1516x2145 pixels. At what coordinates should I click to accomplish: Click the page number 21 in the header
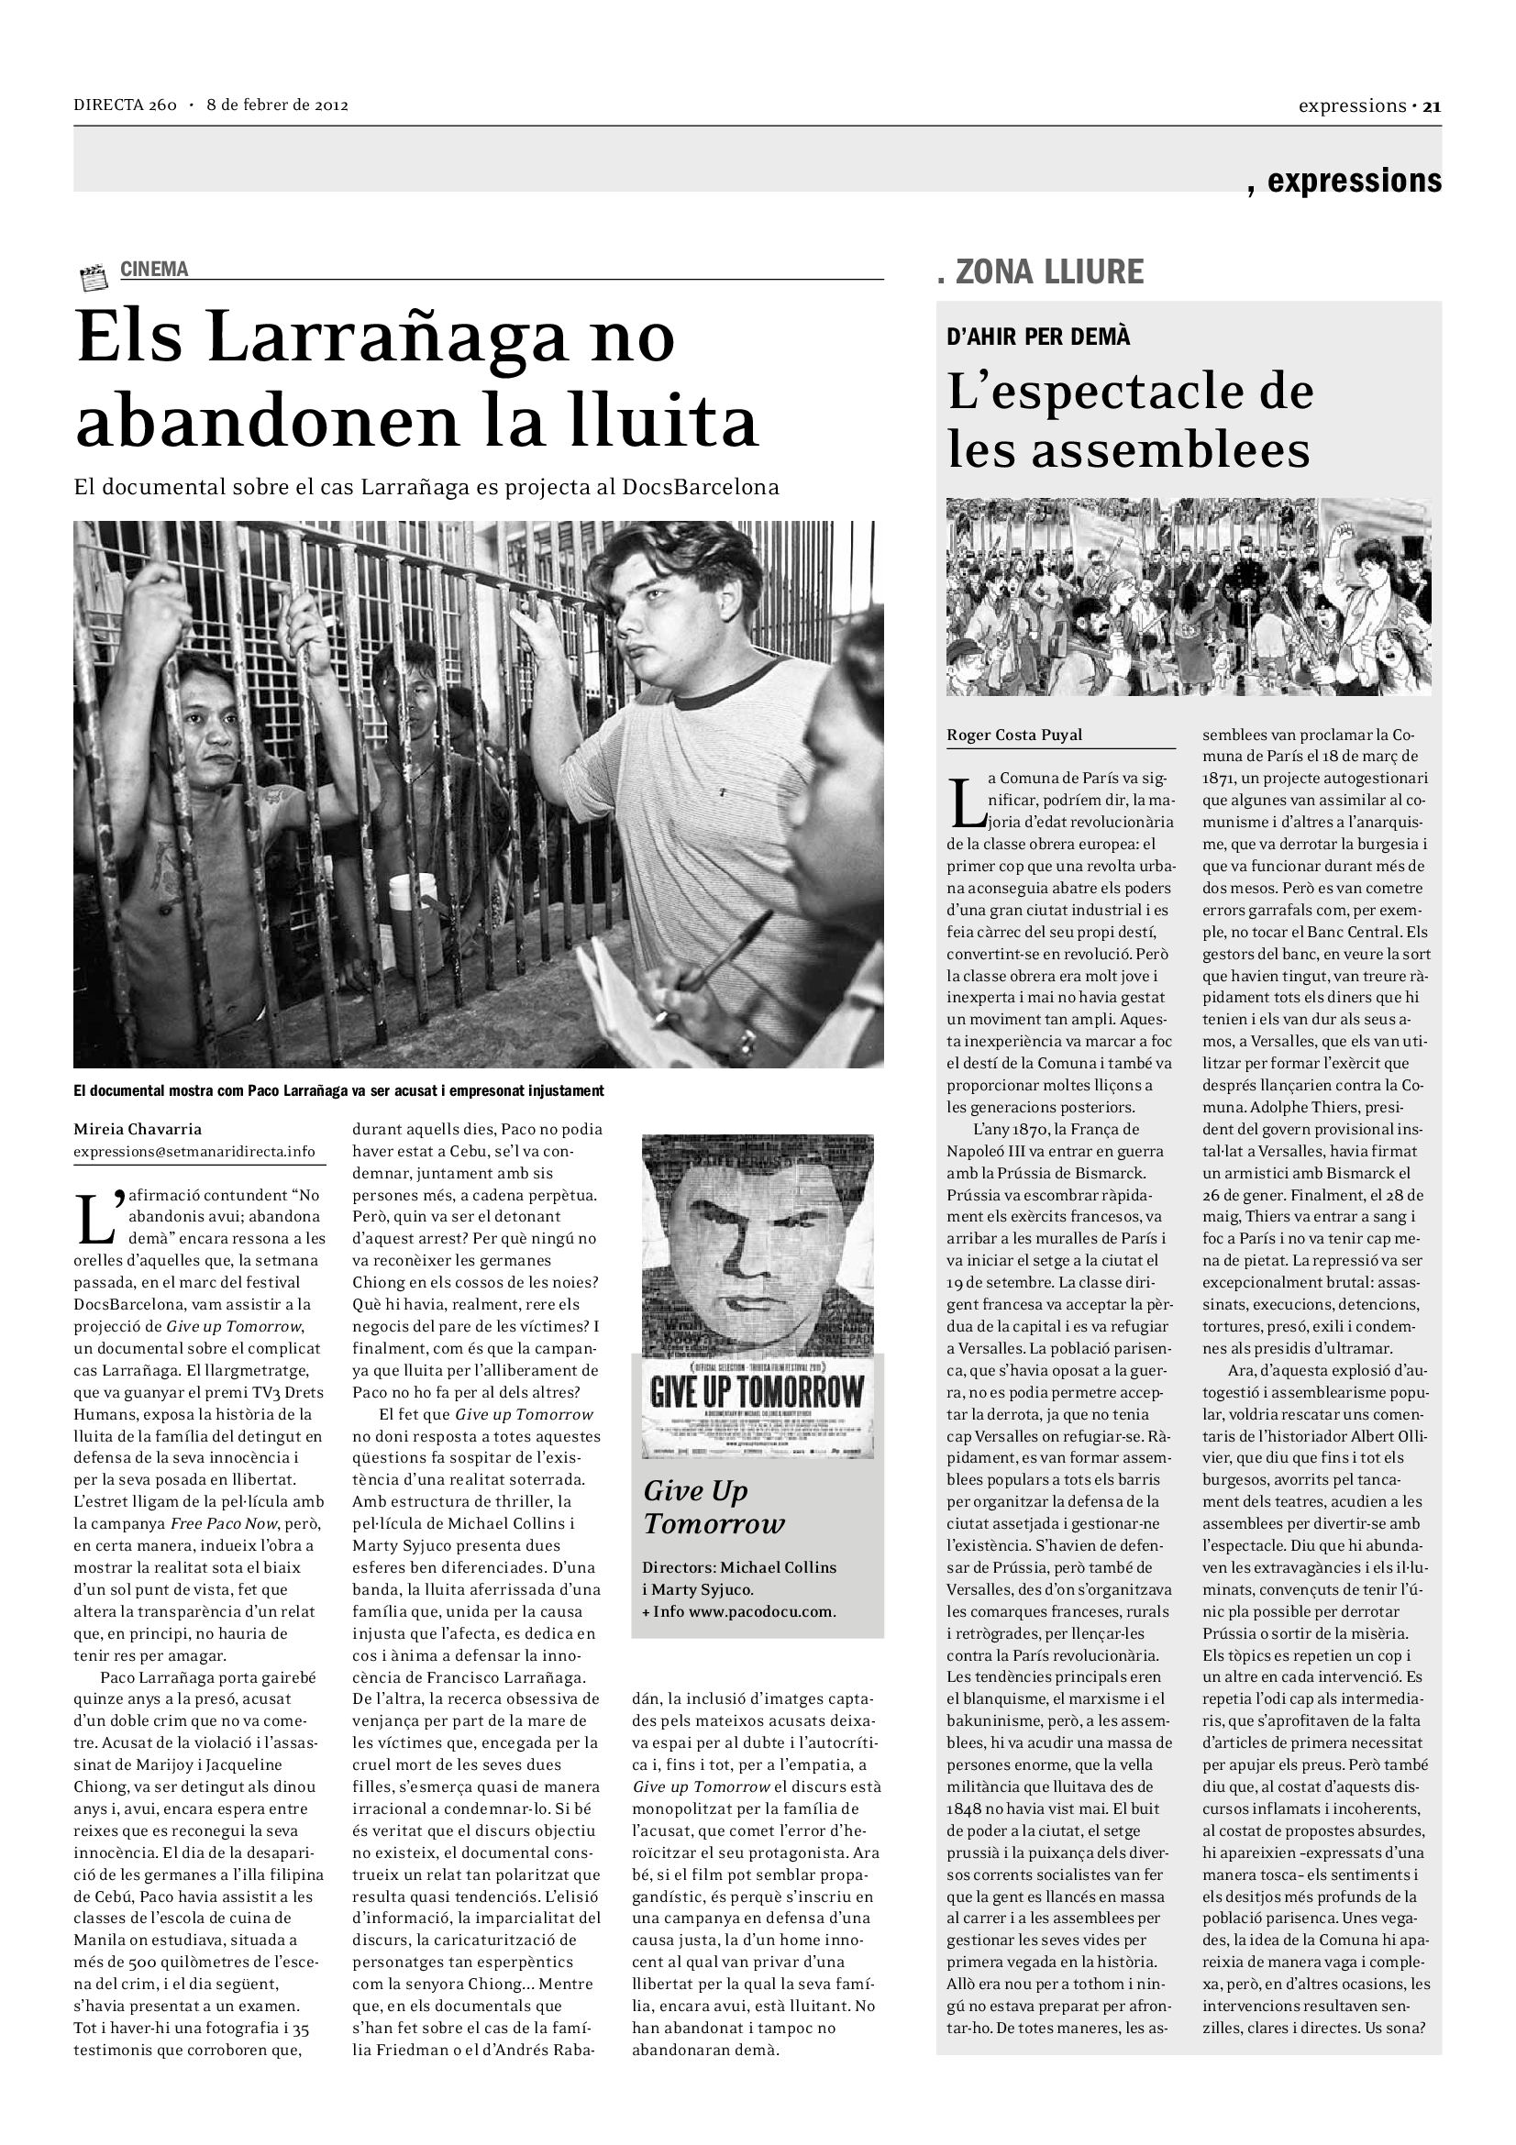(1432, 105)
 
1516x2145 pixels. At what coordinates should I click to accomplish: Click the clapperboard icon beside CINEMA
(94, 278)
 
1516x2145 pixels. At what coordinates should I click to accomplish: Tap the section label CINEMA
(154, 269)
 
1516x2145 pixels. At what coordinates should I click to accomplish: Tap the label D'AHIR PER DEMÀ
(1038, 337)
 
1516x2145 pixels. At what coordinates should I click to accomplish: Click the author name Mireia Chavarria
(138, 1129)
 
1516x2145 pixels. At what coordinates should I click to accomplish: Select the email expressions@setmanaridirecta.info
(194, 1151)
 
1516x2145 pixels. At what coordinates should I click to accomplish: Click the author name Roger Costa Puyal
(1014, 735)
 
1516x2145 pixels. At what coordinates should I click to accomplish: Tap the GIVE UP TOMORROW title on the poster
(757, 1391)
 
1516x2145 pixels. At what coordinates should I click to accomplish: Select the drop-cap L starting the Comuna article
(966, 802)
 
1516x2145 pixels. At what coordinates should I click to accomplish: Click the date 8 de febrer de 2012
(277, 105)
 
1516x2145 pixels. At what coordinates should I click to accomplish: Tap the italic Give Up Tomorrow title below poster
(714, 1507)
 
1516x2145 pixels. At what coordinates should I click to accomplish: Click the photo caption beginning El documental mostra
(338, 1090)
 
